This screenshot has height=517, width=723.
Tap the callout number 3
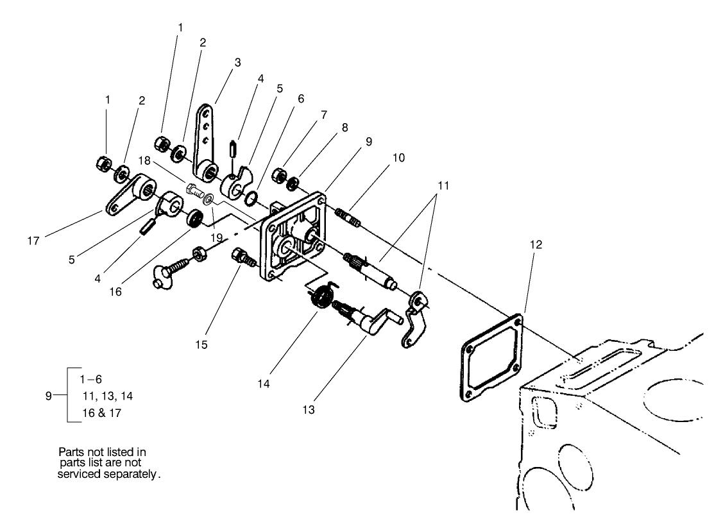click(237, 62)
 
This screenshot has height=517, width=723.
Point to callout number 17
click(33, 241)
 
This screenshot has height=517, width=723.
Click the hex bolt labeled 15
click(241, 257)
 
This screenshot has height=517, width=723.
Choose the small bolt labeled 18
click(194, 189)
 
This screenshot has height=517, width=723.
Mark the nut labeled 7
click(279, 175)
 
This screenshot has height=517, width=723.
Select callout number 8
click(345, 128)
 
